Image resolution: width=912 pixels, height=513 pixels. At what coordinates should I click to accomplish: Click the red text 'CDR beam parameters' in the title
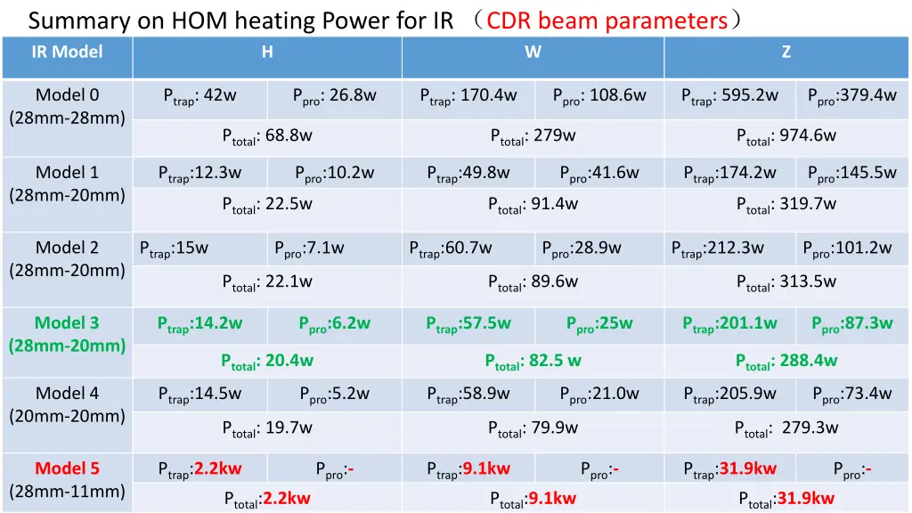tap(607, 20)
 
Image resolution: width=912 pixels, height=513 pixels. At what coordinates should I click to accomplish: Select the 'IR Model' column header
tap(67, 52)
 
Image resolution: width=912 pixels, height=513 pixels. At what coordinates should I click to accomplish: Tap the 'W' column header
tap(533, 52)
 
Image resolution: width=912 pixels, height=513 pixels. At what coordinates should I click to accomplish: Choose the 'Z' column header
tap(786, 52)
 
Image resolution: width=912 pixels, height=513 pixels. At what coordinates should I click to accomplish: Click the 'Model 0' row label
tap(67, 95)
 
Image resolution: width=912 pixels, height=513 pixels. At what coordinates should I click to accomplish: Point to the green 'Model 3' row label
tap(67, 322)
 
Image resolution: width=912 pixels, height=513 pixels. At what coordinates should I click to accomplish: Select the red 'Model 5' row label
tap(67, 468)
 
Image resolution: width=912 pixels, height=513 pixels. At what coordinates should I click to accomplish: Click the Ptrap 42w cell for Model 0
tap(199, 96)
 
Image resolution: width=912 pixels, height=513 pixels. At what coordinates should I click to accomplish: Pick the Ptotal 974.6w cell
tap(786, 136)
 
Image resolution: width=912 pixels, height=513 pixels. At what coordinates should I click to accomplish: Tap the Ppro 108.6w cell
tap(598, 96)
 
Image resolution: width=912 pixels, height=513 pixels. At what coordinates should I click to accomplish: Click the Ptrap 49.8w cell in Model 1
tap(468, 173)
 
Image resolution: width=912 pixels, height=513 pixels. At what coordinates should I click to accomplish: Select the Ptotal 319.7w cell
tap(786, 204)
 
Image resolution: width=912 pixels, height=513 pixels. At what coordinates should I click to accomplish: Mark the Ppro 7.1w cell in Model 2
tap(308, 248)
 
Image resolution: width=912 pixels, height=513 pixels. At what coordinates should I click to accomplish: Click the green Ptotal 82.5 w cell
tap(533, 361)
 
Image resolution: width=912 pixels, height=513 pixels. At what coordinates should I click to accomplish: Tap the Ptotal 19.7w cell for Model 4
tap(267, 428)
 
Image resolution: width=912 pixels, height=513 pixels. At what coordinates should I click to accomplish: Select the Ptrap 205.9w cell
tap(729, 394)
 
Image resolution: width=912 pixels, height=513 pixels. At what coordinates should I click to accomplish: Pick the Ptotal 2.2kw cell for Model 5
tap(267, 499)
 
